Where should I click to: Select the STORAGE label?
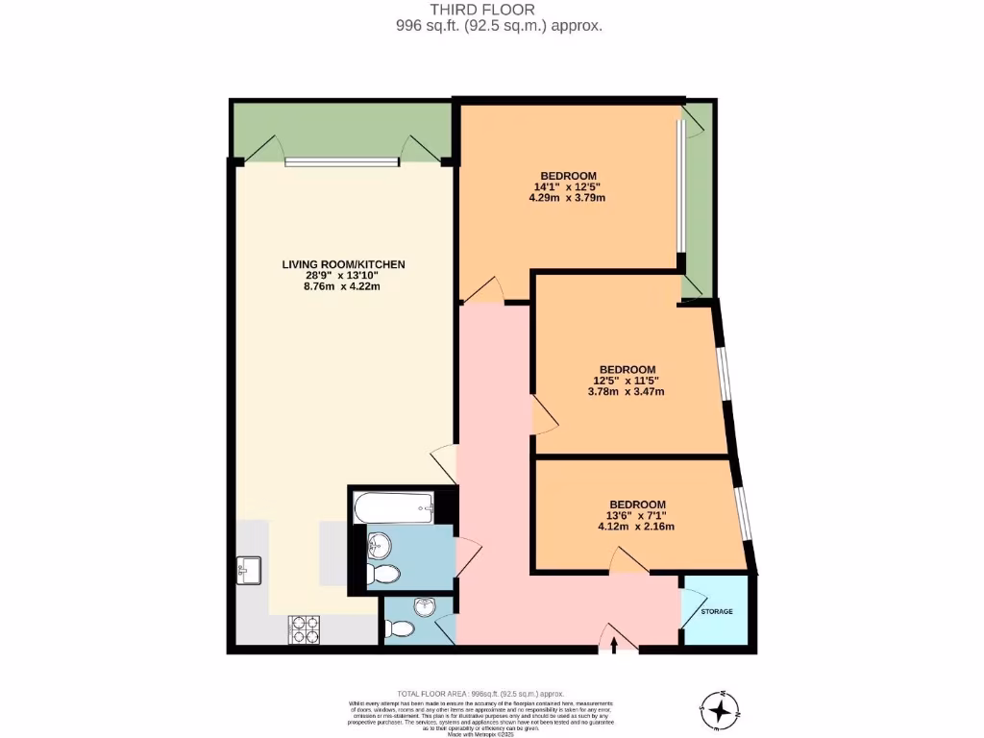click(717, 612)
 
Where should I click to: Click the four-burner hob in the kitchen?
click(305, 630)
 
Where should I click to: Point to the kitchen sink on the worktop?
click(246, 570)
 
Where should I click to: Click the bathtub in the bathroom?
click(394, 506)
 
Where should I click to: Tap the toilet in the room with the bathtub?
click(383, 575)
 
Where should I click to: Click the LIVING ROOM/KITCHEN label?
click(343, 264)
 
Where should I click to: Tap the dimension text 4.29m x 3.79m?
click(566, 198)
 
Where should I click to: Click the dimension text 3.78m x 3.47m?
click(627, 391)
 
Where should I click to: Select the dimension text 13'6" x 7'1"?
click(637, 515)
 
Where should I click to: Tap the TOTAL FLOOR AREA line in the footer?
click(481, 693)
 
